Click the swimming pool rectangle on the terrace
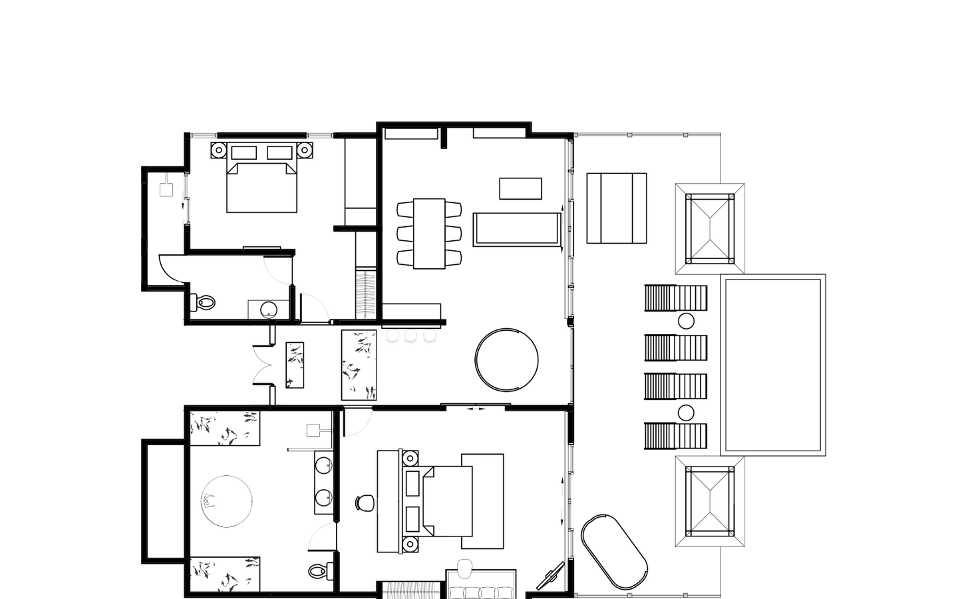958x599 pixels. [773, 365]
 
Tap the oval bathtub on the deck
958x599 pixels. [614, 551]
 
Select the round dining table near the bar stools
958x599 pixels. [507, 360]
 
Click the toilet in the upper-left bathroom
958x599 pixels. [204, 303]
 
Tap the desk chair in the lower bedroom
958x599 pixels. [364, 502]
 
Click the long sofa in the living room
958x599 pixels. [516, 229]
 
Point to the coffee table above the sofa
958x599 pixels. [520, 188]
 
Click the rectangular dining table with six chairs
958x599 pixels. [429, 234]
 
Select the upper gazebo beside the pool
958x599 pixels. [710, 228]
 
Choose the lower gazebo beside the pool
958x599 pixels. [710, 501]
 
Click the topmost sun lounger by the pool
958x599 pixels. [675, 298]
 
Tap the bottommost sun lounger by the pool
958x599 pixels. [675, 437]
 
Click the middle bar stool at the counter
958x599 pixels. [410, 336]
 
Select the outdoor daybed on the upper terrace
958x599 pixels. [617, 208]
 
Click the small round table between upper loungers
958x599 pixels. [686, 321]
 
